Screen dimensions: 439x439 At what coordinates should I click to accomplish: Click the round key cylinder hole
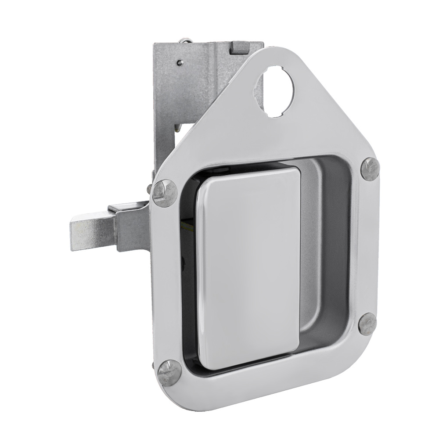[x=277, y=91]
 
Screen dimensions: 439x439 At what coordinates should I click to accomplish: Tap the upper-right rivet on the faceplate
[x=370, y=169]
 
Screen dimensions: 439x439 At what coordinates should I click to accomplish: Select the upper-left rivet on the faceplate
[x=166, y=193]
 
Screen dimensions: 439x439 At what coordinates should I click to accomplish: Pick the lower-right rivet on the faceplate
[x=367, y=324]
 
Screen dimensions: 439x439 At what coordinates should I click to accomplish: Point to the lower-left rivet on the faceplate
[x=169, y=372]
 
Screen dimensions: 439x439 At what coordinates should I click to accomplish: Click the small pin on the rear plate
[x=179, y=63]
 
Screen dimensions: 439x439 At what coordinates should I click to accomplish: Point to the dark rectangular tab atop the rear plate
[x=239, y=47]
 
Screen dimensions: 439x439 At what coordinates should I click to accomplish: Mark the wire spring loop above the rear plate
[x=186, y=41]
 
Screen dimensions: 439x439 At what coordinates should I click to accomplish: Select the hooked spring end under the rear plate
[x=177, y=127]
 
